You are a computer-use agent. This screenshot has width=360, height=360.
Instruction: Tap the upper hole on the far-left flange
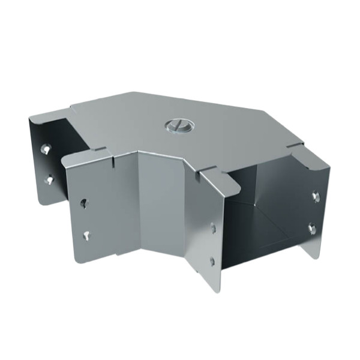[44, 148]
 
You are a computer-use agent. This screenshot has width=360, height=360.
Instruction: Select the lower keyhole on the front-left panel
[88, 236]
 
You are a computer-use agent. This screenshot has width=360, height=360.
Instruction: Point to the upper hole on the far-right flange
[315, 196]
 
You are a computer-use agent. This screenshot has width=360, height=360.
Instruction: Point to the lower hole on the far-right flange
[311, 227]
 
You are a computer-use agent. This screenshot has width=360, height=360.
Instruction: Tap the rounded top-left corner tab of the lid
[36, 116]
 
